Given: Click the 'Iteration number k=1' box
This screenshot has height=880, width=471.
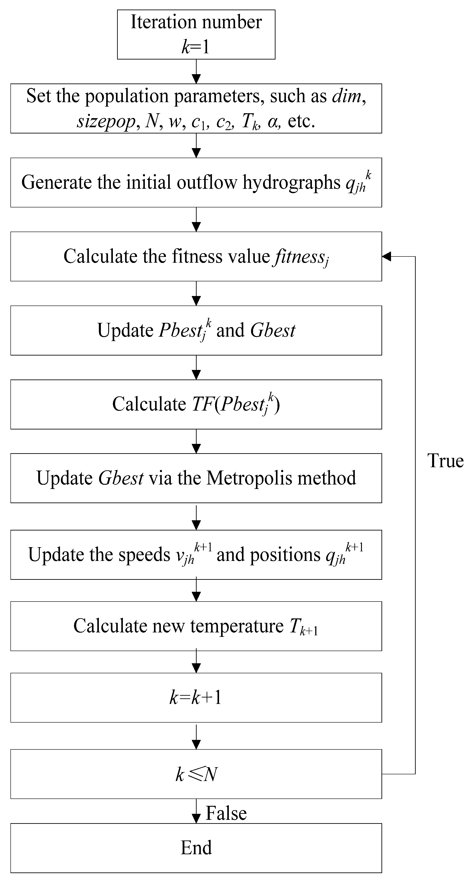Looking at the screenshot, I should click(x=196, y=34).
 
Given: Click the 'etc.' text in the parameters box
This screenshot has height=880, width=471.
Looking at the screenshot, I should click(x=301, y=121).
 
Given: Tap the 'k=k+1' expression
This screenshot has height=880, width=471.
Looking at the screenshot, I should click(x=196, y=697).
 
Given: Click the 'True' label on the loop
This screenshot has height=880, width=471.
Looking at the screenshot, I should click(x=445, y=461).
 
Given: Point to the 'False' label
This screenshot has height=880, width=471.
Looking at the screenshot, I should click(x=226, y=813).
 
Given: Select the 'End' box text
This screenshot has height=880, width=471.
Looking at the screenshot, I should click(x=196, y=848).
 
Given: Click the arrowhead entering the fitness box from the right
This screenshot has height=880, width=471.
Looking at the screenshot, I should click(x=386, y=256).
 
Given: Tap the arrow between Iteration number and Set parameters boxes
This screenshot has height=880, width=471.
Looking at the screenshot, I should click(x=196, y=72).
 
